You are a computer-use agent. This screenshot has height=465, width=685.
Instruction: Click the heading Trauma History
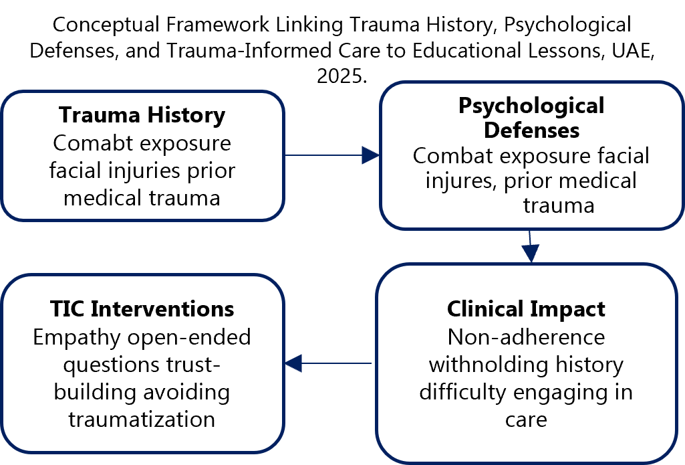coord(142,115)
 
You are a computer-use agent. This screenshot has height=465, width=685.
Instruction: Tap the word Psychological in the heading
coord(531,105)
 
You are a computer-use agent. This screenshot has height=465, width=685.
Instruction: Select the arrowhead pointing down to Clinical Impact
coord(531,252)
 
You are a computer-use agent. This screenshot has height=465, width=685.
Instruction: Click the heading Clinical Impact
coord(526,309)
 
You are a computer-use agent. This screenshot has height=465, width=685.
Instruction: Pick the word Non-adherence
coord(526,337)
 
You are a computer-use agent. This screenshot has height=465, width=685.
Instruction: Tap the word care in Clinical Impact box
coord(526,420)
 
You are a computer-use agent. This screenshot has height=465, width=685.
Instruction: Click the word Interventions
coord(162,309)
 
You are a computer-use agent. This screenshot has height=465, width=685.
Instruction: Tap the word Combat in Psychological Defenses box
coord(452,155)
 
